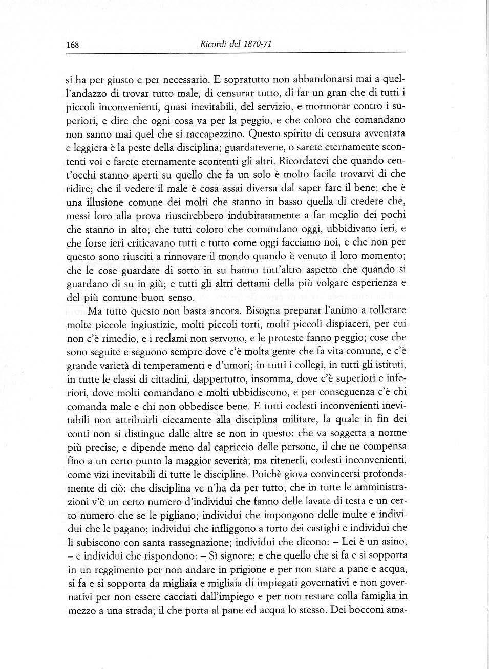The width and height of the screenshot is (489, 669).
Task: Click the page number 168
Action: click(72, 44)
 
